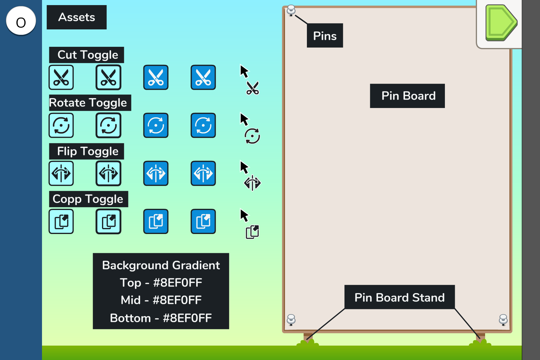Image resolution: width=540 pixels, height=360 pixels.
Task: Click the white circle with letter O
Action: [x=21, y=21]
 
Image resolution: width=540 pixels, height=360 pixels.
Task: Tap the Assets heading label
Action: [x=76, y=17]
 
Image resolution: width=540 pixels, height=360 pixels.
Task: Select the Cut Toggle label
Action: [x=87, y=55]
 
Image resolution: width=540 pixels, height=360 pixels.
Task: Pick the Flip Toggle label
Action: [x=87, y=151]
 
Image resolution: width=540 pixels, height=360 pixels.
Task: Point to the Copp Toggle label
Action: [x=88, y=199]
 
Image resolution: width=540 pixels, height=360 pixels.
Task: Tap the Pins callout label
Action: [x=325, y=36]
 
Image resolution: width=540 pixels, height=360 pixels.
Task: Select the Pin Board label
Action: [x=407, y=96]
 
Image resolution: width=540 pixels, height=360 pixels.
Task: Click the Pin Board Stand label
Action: [x=399, y=297]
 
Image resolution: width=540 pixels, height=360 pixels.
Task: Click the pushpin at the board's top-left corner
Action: [x=291, y=10]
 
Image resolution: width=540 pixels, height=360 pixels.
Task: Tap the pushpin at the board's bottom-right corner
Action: [x=503, y=319]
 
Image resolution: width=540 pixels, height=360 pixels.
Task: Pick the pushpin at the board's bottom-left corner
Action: [x=291, y=319]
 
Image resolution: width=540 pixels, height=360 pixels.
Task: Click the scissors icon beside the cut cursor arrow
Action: [x=253, y=88]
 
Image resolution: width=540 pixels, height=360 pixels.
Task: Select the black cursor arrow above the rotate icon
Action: [x=244, y=119]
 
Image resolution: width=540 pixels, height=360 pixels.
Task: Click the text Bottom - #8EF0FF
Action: [x=161, y=318]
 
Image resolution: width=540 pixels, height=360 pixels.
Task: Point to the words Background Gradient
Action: [x=161, y=265]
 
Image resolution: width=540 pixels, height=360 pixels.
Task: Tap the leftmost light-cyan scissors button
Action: [x=61, y=77]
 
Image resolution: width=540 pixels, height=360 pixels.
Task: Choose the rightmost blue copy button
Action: [x=203, y=221]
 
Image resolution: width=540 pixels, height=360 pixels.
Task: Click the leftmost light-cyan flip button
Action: [x=61, y=173]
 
